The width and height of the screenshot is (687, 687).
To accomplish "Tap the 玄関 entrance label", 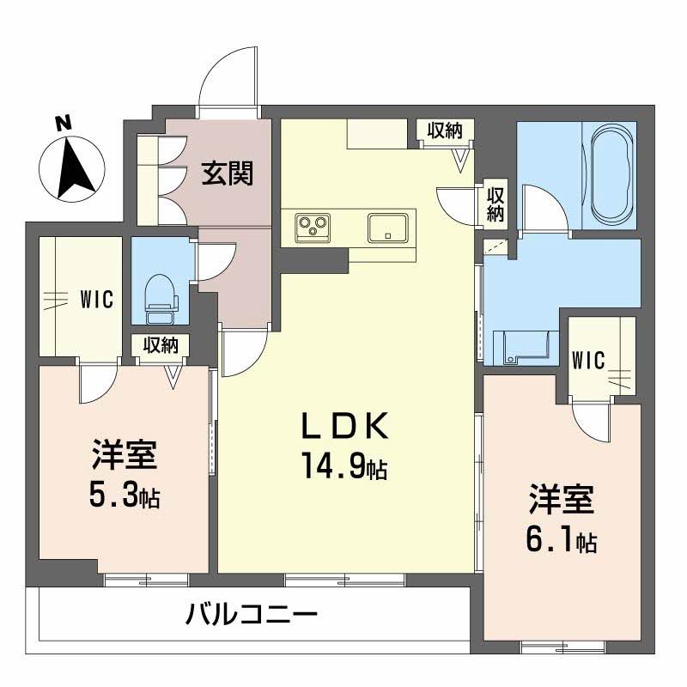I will click(227, 174).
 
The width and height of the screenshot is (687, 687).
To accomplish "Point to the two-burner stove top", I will click(312, 228).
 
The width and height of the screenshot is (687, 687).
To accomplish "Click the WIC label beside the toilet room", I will click(97, 300).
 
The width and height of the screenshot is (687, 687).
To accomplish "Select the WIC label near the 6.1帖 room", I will click(590, 358).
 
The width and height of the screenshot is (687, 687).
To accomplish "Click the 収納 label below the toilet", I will click(161, 345).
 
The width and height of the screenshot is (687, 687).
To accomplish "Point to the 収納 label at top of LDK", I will click(445, 131).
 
